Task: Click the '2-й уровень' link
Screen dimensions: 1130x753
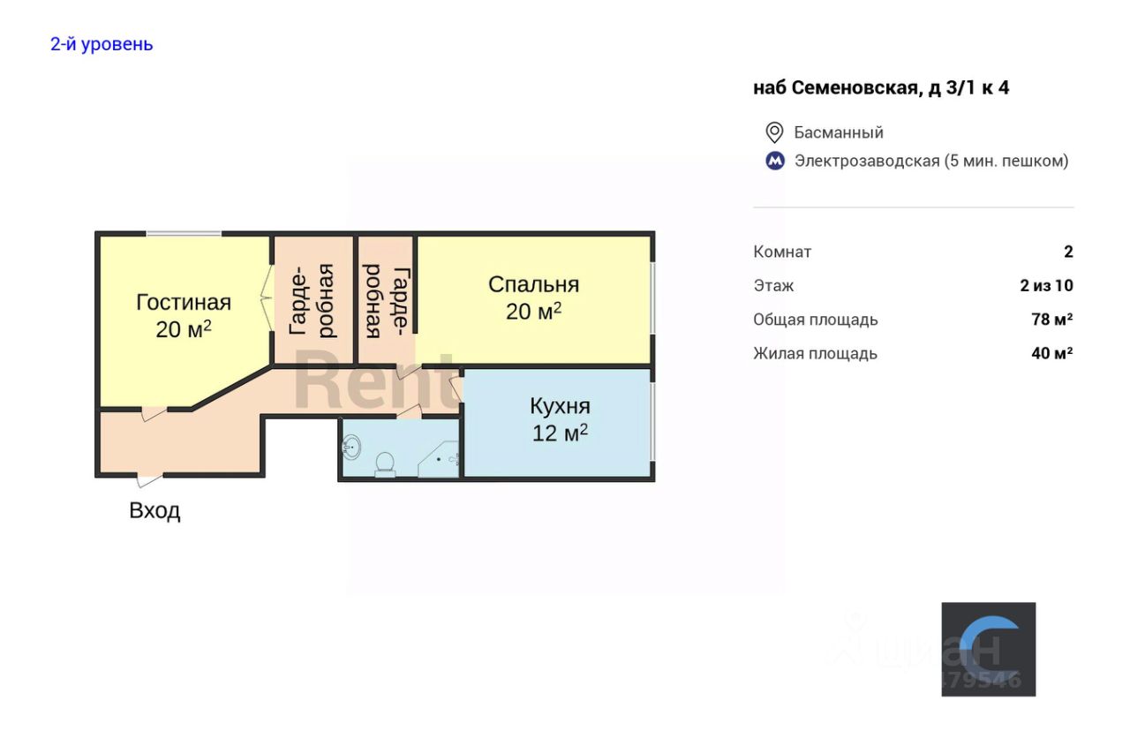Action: (x=102, y=44)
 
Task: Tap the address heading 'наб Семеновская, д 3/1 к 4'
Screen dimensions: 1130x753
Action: (x=880, y=87)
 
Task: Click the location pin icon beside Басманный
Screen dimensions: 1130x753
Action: (x=774, y=132)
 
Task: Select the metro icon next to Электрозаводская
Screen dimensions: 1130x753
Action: (x=774, y=161)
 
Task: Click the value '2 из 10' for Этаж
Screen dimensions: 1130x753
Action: (x=1046, y=285)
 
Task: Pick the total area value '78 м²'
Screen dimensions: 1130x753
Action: (x=1051, y=320)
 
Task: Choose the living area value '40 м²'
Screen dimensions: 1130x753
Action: (x=1051, y=353)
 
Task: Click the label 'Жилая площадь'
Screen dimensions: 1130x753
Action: (x=815, y=353)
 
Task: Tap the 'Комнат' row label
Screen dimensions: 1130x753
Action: (x=782, y=252)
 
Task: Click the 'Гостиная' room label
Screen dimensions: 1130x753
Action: (x=184, y=303)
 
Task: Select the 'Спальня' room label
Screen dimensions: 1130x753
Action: (x=533, y=284)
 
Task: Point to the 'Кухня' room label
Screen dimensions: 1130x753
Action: (x=560, y=406)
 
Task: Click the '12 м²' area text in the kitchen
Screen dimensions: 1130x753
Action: (x=560, y=433)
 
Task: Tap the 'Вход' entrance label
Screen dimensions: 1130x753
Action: (x=154, y=510)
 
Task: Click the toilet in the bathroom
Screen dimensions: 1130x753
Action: (x=385, y=463)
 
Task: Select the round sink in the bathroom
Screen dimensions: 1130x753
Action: (x=350, y=448)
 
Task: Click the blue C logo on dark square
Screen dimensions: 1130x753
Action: (x=988, y=649)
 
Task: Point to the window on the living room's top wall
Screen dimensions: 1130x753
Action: (x=184, y=234)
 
